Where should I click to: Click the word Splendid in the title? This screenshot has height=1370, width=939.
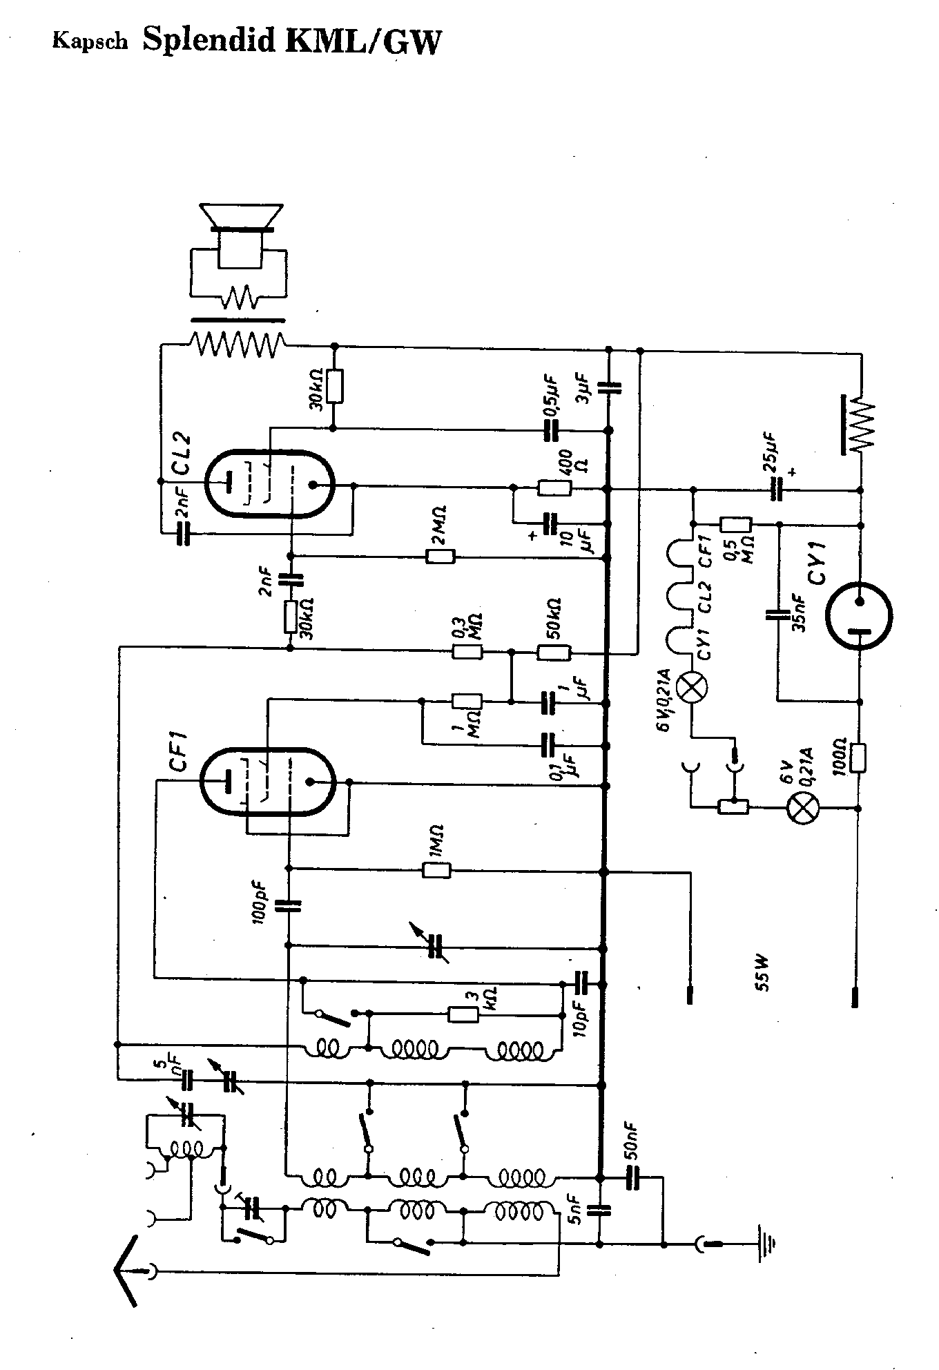pyautogui.click(x=209, y=42)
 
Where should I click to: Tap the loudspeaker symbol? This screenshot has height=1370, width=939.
pyautogui.click(x=240, y=235)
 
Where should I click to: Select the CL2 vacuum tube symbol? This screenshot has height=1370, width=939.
pyautogui.click(x=269, y=484)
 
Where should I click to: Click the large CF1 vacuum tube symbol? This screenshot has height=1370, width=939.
pyautogui.click(x=267, y=782)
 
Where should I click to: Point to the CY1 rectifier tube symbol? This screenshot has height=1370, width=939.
pyautogui.click(x=860, y=615)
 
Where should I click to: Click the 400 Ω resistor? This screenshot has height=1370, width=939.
pyautogui.click(x=554, y=488)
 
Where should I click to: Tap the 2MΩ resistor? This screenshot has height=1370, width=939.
pyautogui.click(x=440, y=557)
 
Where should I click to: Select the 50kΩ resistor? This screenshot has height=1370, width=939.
pyautogui.click(x=554, y=652)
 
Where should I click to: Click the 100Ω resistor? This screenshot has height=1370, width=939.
pyautogui.click(x=860, y=757)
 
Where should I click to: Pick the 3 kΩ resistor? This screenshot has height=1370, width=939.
pyautogui.click(x=463, y=1014)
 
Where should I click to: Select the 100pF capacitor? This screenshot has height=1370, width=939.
pyautogui.click(x=289, y=905)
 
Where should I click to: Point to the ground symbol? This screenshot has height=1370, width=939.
pyautogui.click(x=766, y=1244)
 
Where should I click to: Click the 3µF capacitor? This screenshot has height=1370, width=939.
pyautogui.click(x=609, y=387)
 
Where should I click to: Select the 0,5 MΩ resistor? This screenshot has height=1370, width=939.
pyautogui.click(x=736, y=525)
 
